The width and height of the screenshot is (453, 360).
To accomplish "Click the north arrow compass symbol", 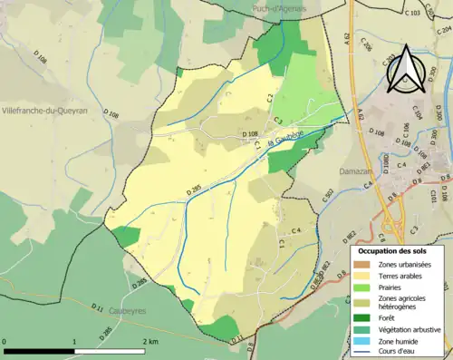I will [x=405, y=69].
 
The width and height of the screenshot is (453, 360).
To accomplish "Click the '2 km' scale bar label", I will [x=150, y=341].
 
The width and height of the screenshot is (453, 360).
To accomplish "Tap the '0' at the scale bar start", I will [x=5, y=341].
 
